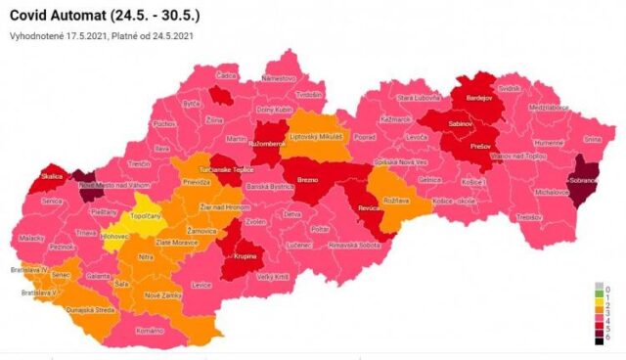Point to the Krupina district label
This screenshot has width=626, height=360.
click(246, 256)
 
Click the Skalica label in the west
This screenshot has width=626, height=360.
click(52, 177)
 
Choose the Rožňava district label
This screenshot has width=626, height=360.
click(396, 201)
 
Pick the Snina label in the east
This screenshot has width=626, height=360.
click(592, 139)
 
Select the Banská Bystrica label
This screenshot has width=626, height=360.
click(270, 186)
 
